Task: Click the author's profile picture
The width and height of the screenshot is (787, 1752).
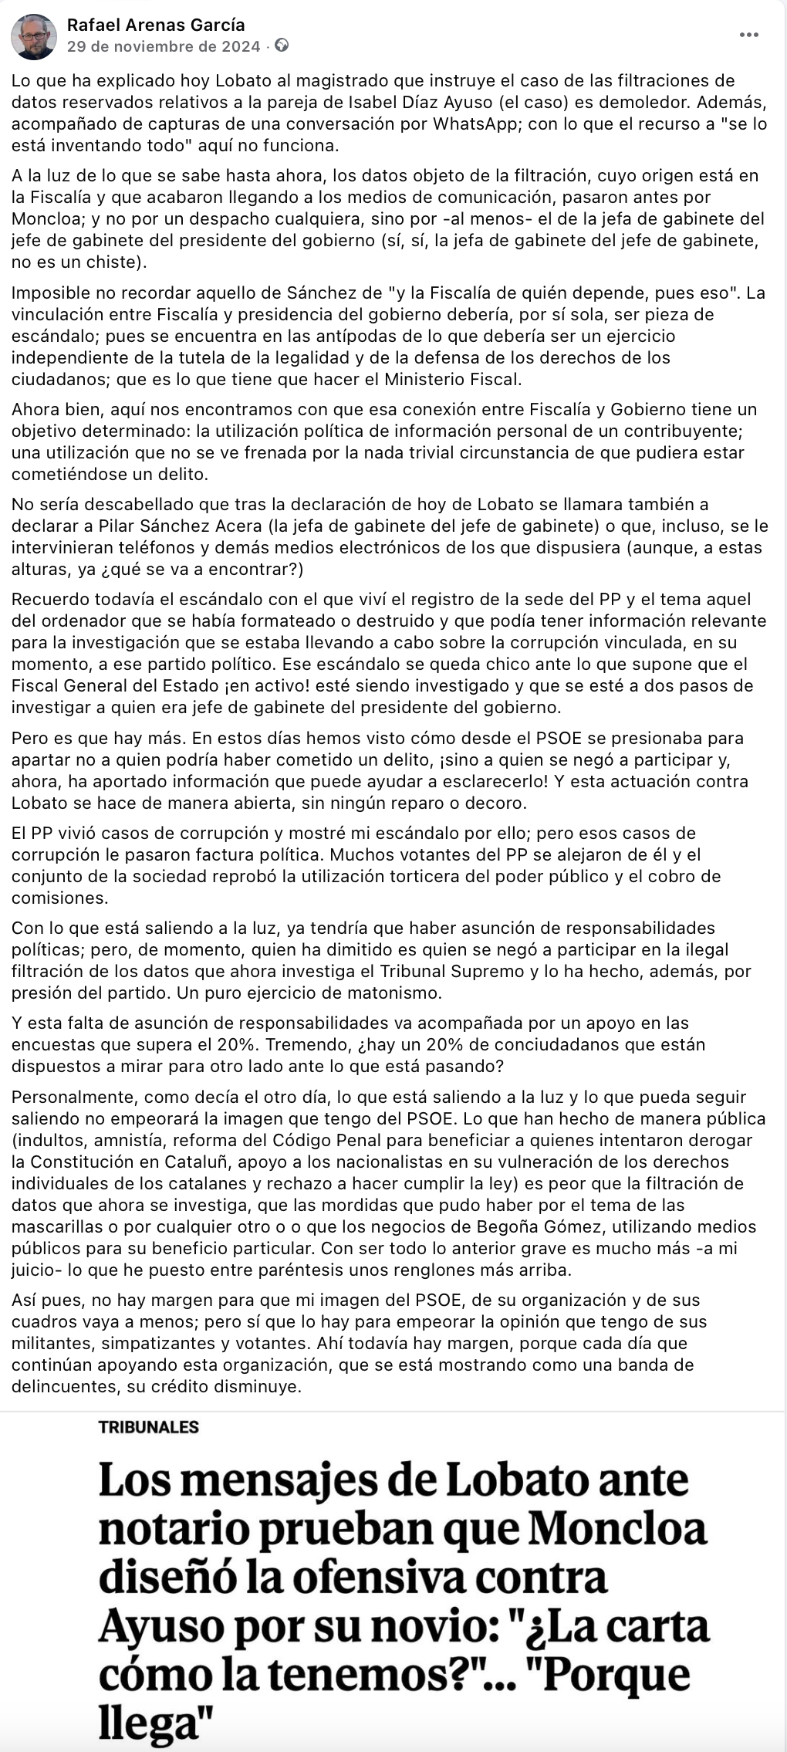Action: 34,36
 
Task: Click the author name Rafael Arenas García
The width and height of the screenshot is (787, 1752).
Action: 156,25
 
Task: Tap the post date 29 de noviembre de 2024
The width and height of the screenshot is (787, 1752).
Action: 164,46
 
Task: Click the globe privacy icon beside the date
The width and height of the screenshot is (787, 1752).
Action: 282,46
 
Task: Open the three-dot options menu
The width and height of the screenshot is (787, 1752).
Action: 748,36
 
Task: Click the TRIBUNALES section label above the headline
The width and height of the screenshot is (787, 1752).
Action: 149,1427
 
